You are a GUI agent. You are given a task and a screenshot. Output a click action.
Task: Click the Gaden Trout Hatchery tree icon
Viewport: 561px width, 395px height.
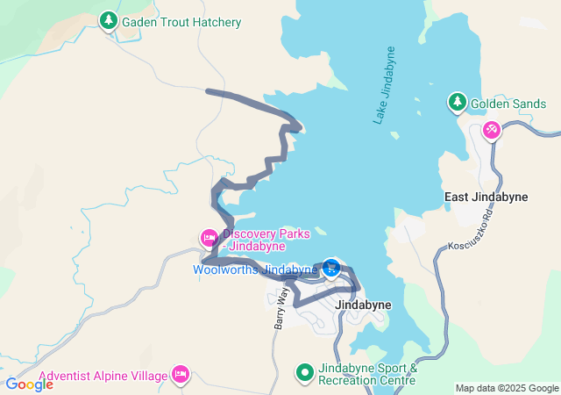click(x=108, y=19)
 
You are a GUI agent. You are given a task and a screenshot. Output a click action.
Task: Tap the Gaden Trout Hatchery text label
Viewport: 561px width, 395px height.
click(x=181, y=22)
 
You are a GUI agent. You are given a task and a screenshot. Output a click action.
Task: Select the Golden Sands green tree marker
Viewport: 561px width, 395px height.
click(x=457, y=102)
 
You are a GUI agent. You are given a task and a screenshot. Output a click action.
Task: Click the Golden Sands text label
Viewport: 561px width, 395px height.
click(x=508, y=104)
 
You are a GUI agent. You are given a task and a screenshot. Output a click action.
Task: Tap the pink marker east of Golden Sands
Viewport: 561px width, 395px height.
click(x=491, y=130)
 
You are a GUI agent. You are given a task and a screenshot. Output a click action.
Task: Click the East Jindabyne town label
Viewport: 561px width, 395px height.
click(x=486, y=197)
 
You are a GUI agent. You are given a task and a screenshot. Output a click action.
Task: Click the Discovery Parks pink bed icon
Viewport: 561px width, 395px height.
click(x=209, y=237)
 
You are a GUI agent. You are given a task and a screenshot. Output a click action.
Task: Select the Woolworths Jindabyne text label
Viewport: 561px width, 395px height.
click(x=255, y=269)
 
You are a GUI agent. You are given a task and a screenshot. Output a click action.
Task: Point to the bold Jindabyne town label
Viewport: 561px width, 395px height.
click(x=363, y=305)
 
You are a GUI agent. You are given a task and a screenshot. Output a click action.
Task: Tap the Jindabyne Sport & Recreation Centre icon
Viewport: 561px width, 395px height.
click(x=304, y=372)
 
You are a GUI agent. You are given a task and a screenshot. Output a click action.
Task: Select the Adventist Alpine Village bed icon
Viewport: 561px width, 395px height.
click(x=181, y=375)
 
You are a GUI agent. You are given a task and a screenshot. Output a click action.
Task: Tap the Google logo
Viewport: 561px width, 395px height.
click(x=29, y=384)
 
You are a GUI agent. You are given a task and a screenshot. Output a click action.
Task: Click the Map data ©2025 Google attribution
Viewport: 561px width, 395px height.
click(x=506, y=388)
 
